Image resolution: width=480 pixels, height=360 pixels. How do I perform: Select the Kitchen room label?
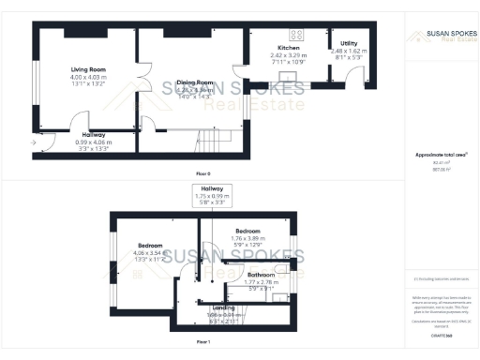tap(288, 47)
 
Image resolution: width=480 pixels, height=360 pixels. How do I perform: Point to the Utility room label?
tap(349, 43)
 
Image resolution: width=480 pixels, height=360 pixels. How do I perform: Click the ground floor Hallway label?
tap(93, 134)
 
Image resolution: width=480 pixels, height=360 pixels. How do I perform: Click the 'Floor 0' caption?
tap(202, 174)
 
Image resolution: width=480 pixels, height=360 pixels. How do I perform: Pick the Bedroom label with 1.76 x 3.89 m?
tap(247, 231)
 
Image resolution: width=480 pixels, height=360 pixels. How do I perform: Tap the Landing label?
tap(224, 307)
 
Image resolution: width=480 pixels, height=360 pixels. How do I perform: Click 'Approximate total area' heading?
tap(441, 154)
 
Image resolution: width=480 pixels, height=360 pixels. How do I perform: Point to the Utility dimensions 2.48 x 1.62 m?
tap(349, 51)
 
